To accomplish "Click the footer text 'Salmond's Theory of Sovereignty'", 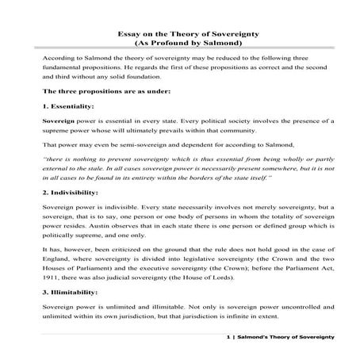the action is pyautogui.click(x=289, y=339).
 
